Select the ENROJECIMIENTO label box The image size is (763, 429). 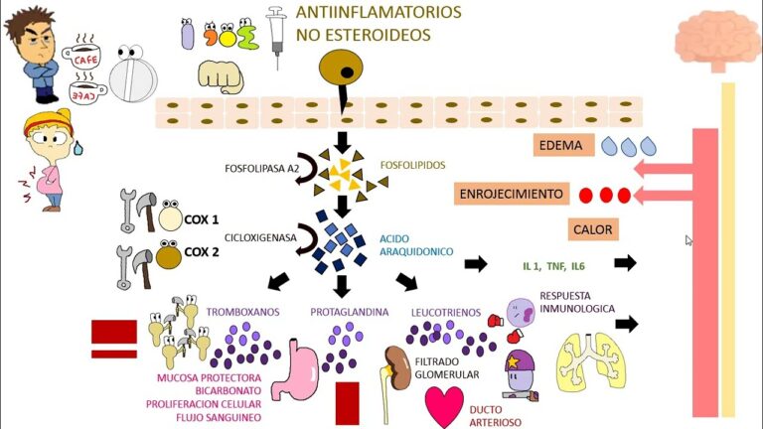(x=512, y=193)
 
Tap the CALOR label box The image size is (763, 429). (x=593, y=229)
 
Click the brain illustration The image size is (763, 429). (x=717, y=40)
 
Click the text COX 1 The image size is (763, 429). (x=203, y=218)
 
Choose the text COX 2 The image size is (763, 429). (x=203, y=252)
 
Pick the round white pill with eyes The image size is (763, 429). (x=134, y=75)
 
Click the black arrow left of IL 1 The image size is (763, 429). (x=476, y=264)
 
